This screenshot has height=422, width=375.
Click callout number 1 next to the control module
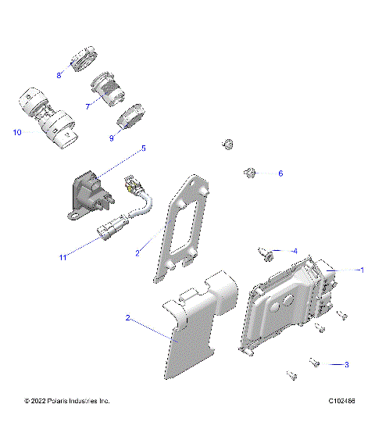click(361, 270)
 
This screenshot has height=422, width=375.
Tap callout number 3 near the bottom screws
click(346, 364)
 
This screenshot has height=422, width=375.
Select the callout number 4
click(294, 251)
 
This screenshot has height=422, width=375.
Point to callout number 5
click(143, 147)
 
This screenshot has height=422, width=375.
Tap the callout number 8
click(59, 75)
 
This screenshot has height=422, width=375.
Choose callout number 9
click(112, 138)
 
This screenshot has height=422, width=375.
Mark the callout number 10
click(16, 132)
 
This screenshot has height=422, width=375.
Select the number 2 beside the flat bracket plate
click(137, 253)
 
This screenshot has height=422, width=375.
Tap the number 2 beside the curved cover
click(127, 317)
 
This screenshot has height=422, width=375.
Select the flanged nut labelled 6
click(250, 172)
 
